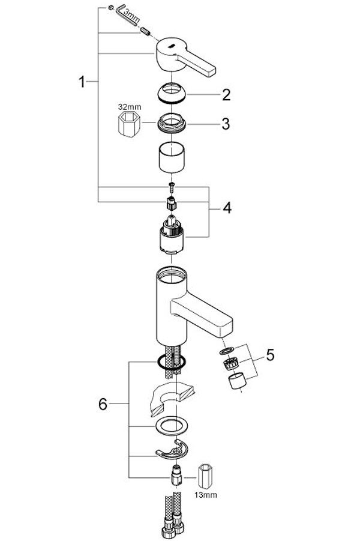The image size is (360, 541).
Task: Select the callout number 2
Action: click(x=226, y=95)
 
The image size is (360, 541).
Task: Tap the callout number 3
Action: click(x=226, y=124)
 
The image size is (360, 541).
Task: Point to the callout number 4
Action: click(x=226, y=208)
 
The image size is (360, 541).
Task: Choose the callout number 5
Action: click(x=270, y=355)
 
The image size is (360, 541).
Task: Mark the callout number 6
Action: click(x=103, y=405)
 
